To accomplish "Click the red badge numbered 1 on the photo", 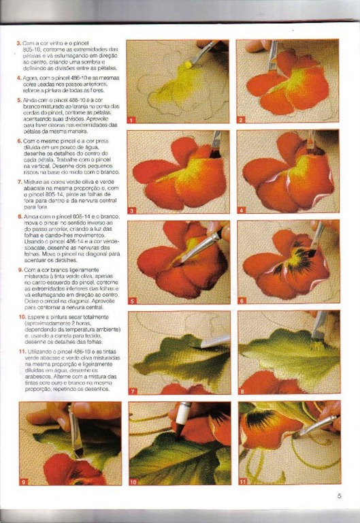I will click(131, 120).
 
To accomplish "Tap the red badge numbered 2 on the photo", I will click(241, 120).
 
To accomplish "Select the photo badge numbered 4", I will click(241, 210).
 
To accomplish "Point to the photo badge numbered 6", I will click(241, 300).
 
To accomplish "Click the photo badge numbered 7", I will click(131, 390).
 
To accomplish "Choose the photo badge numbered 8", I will click(241, 390).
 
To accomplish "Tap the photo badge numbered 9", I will click(24, 481).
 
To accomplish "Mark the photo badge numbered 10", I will click(133, 481).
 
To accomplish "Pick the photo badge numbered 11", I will click(243, 481).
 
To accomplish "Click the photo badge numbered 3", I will click(131, 210).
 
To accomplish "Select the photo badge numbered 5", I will click(131, 300).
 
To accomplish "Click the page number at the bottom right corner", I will click(338, 496).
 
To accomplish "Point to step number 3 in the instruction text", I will click(19, 43).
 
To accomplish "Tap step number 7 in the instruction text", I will click(19, 183).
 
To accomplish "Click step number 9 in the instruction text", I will click(19, 269).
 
